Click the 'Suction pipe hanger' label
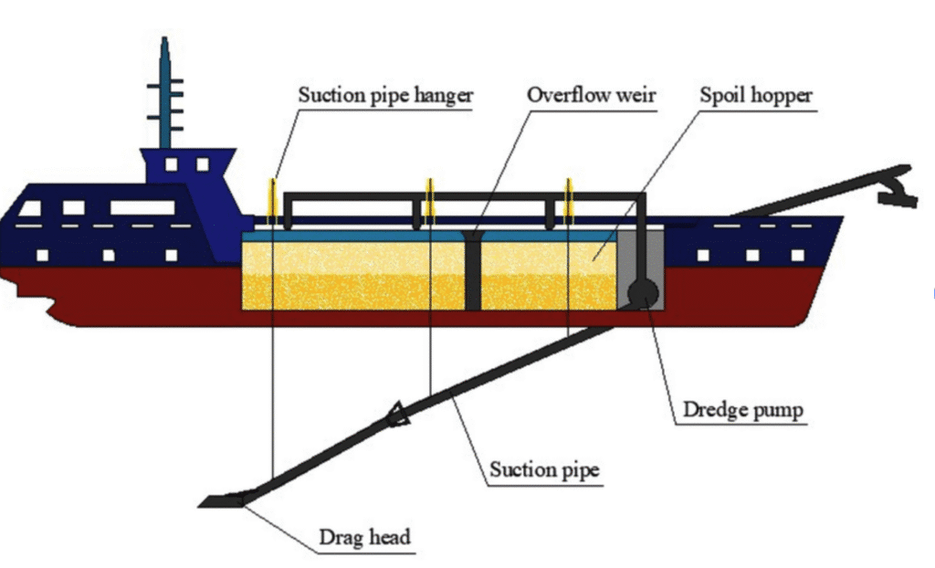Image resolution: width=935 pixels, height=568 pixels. pos(386,94)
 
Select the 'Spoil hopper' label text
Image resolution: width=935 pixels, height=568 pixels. pos(758,94)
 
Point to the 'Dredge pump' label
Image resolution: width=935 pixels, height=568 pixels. pos(743,410)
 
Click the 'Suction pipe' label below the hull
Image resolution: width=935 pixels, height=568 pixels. pos(544,470)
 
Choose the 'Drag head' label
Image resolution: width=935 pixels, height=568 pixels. pos(364,536)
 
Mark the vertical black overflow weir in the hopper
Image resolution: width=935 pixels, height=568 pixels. pos(473,272)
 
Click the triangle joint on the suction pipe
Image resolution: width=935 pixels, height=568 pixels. pos(398,415)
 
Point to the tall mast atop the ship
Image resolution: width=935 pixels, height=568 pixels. pos(164,91)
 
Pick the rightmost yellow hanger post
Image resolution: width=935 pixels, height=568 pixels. pos(569,198)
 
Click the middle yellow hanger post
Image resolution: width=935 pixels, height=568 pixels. pos(429,198)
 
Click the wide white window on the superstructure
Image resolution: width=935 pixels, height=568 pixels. pos(142,207)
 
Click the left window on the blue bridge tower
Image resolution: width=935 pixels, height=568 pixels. pos(171,164)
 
